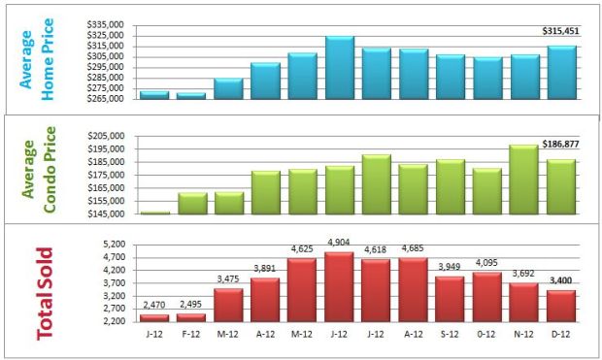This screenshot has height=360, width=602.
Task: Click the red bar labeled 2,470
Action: tap(154, 316)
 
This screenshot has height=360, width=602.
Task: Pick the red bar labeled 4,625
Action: tap(303, 288)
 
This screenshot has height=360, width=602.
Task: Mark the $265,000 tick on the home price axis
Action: tap(105, 98)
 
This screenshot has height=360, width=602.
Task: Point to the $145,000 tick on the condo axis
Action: tap(105, 213)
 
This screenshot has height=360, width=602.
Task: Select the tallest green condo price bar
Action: tap(524, 180)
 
